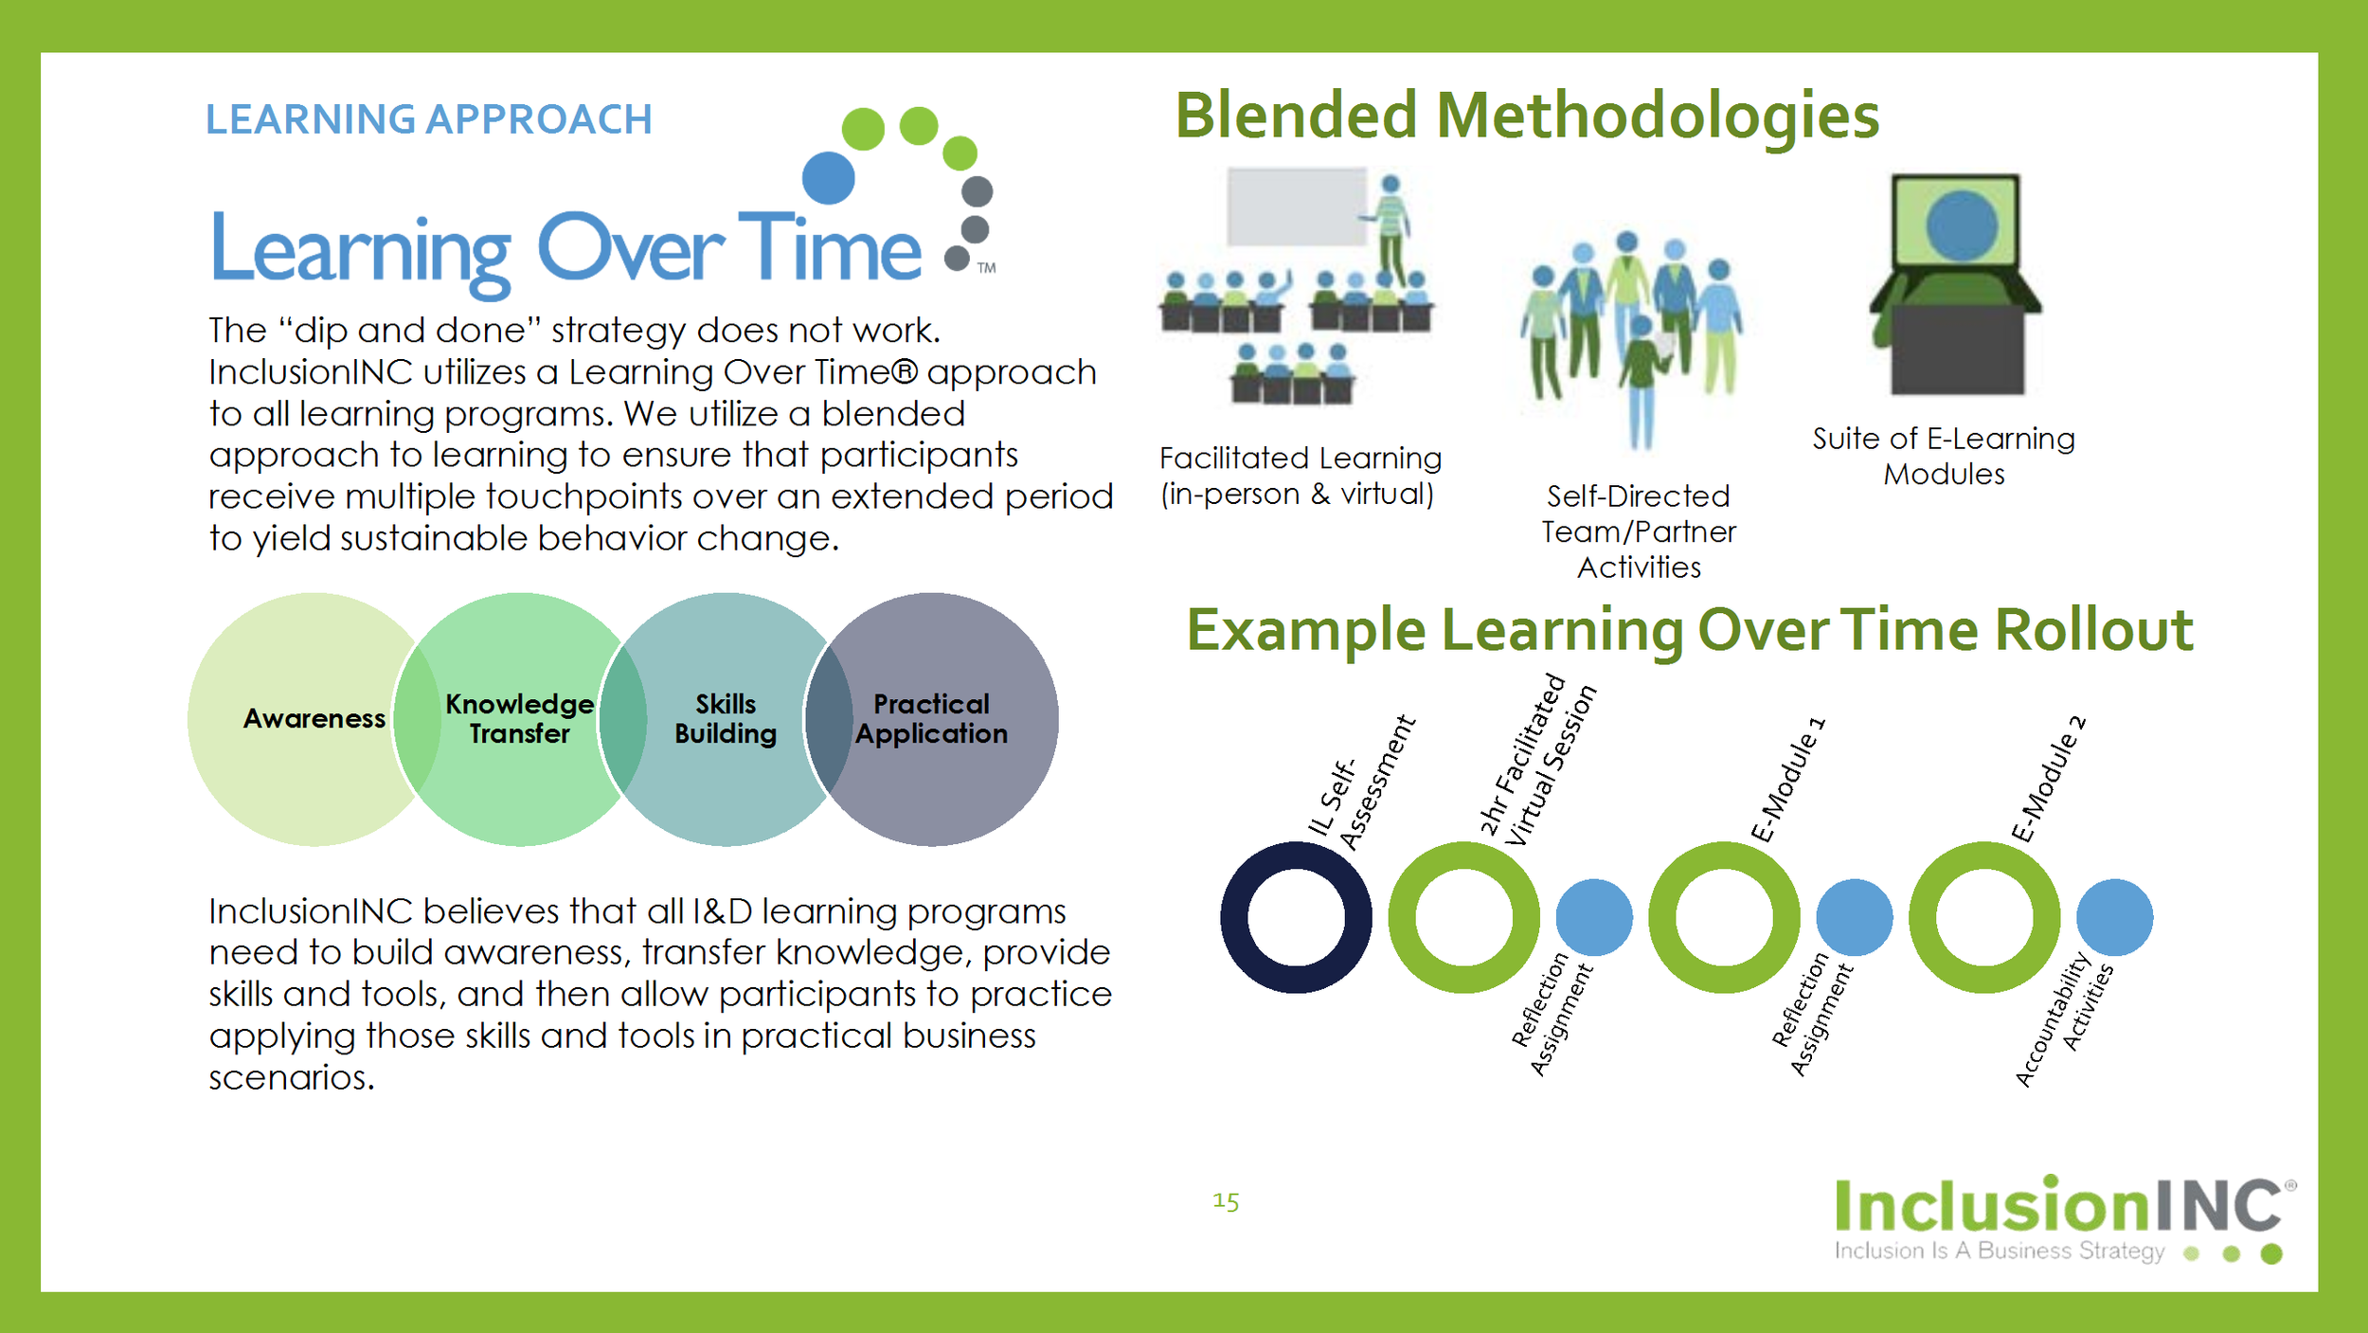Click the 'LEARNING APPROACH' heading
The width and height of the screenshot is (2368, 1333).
[x=428, y=119]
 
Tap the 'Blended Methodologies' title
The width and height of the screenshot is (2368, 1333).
[x=1527, y=116]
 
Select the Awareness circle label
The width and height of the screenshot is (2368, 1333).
[x=314, y=719]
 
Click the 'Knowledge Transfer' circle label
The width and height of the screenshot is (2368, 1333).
[x=519, y=719]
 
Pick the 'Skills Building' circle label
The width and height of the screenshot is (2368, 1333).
[x=726, y=719]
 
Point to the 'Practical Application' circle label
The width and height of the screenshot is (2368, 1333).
[x=931, y=719]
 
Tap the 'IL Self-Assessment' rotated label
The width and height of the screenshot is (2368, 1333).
[x=1362, y=785]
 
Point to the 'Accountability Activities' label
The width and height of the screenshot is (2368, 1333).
[x=2063, y=1019]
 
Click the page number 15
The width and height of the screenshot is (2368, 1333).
[x=1226, y=1202]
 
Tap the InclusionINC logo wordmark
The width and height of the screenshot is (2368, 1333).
[x=2057, y=1206]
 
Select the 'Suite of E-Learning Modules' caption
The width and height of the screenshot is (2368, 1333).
[x=1944, y=457]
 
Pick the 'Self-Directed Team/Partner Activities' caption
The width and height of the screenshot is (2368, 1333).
[x=1639, y=531]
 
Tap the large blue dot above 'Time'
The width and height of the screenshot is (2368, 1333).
[x=828, y=177]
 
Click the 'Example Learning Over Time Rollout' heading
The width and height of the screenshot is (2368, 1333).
[x=1690, y=631]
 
